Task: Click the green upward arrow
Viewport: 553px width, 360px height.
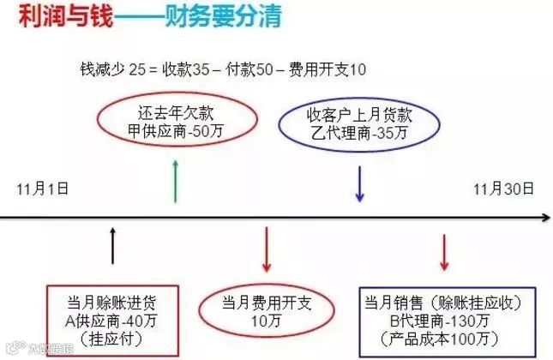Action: click(176, 180)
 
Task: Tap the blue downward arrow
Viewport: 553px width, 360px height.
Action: click(360, 182)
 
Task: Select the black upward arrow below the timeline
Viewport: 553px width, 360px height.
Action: click(112, 249)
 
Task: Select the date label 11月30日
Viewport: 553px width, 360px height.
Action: click(506, 187)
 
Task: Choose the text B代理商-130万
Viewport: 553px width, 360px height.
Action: click(444, 321)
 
